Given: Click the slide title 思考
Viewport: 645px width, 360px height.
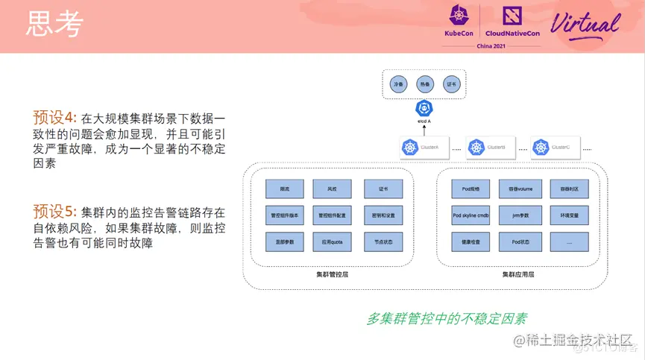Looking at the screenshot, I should (x=54, y=25).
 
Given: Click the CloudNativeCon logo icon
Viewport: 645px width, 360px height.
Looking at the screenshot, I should (x=512, y=15).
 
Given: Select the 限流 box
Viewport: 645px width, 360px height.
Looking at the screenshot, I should (x=284, y=189).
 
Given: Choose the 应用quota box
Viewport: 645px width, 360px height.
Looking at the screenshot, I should (x=332, y=241).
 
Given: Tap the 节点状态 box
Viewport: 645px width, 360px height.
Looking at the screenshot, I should (x=383, y=241).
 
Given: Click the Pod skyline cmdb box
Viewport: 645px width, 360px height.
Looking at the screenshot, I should (x=471, y=215).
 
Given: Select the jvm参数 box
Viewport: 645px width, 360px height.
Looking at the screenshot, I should (x=520, y=215).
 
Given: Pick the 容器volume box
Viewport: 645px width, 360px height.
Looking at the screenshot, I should (x=520, y=189).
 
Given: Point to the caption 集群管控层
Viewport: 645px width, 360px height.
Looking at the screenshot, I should (x=332, y=274).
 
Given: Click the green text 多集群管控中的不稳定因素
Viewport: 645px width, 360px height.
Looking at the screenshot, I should (x=446, y=318).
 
